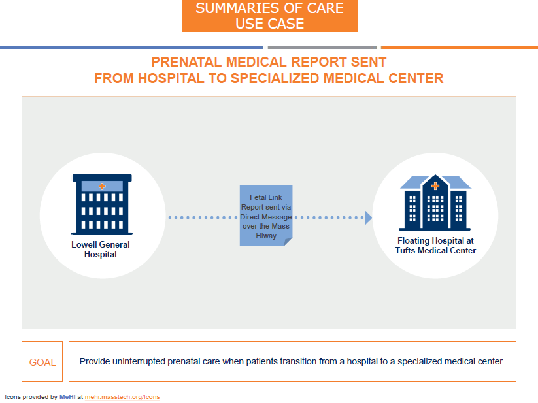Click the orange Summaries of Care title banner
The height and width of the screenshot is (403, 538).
tap(269, 16)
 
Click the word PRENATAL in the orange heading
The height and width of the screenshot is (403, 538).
tap(186, 62)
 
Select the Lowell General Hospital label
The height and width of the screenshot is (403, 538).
tap(101, 250)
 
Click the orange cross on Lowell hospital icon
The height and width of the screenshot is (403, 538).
tap(101, 187)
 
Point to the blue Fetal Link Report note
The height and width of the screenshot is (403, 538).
tap(265, 216)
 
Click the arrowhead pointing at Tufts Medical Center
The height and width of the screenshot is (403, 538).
tap(369, 218)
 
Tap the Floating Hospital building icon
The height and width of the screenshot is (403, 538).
tap(435, 204)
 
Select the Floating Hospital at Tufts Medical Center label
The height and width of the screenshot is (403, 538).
tap(435, 246)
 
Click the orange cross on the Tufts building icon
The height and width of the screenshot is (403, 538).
tap(435, 187)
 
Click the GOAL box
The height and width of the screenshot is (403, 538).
tap(42, 362)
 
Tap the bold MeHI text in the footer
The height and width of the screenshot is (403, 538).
tap(67, 396)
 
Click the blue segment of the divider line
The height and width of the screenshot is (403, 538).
tap(131, 47)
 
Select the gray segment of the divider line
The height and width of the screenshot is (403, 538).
tap(322, 47)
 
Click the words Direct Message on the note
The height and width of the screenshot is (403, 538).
tap(266, 216)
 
